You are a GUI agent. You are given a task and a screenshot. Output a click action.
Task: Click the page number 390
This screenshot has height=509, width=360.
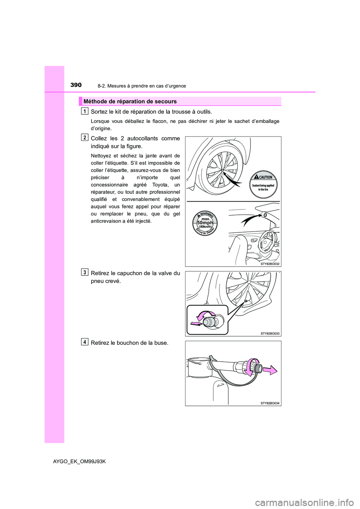point(76,85)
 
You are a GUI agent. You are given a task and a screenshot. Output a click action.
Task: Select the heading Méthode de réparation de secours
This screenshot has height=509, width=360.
point(130,101)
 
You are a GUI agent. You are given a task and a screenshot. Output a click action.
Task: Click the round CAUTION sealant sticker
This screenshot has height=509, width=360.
point(263,184)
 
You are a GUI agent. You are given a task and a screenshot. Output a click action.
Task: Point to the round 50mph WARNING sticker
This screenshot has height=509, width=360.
point(205,223)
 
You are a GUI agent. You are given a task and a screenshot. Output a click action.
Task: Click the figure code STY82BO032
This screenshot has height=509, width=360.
point(270,264)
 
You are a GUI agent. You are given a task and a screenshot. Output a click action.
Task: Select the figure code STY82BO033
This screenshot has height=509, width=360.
point(270,333)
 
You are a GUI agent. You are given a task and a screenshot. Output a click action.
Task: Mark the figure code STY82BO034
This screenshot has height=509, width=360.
point(270,403)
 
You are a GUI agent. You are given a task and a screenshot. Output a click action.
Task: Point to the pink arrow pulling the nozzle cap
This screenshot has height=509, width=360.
point(269,371)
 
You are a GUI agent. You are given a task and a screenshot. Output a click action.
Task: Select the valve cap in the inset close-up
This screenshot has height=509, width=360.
point(210,321)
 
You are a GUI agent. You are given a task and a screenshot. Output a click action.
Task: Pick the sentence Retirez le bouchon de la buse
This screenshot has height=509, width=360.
point(129,343)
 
